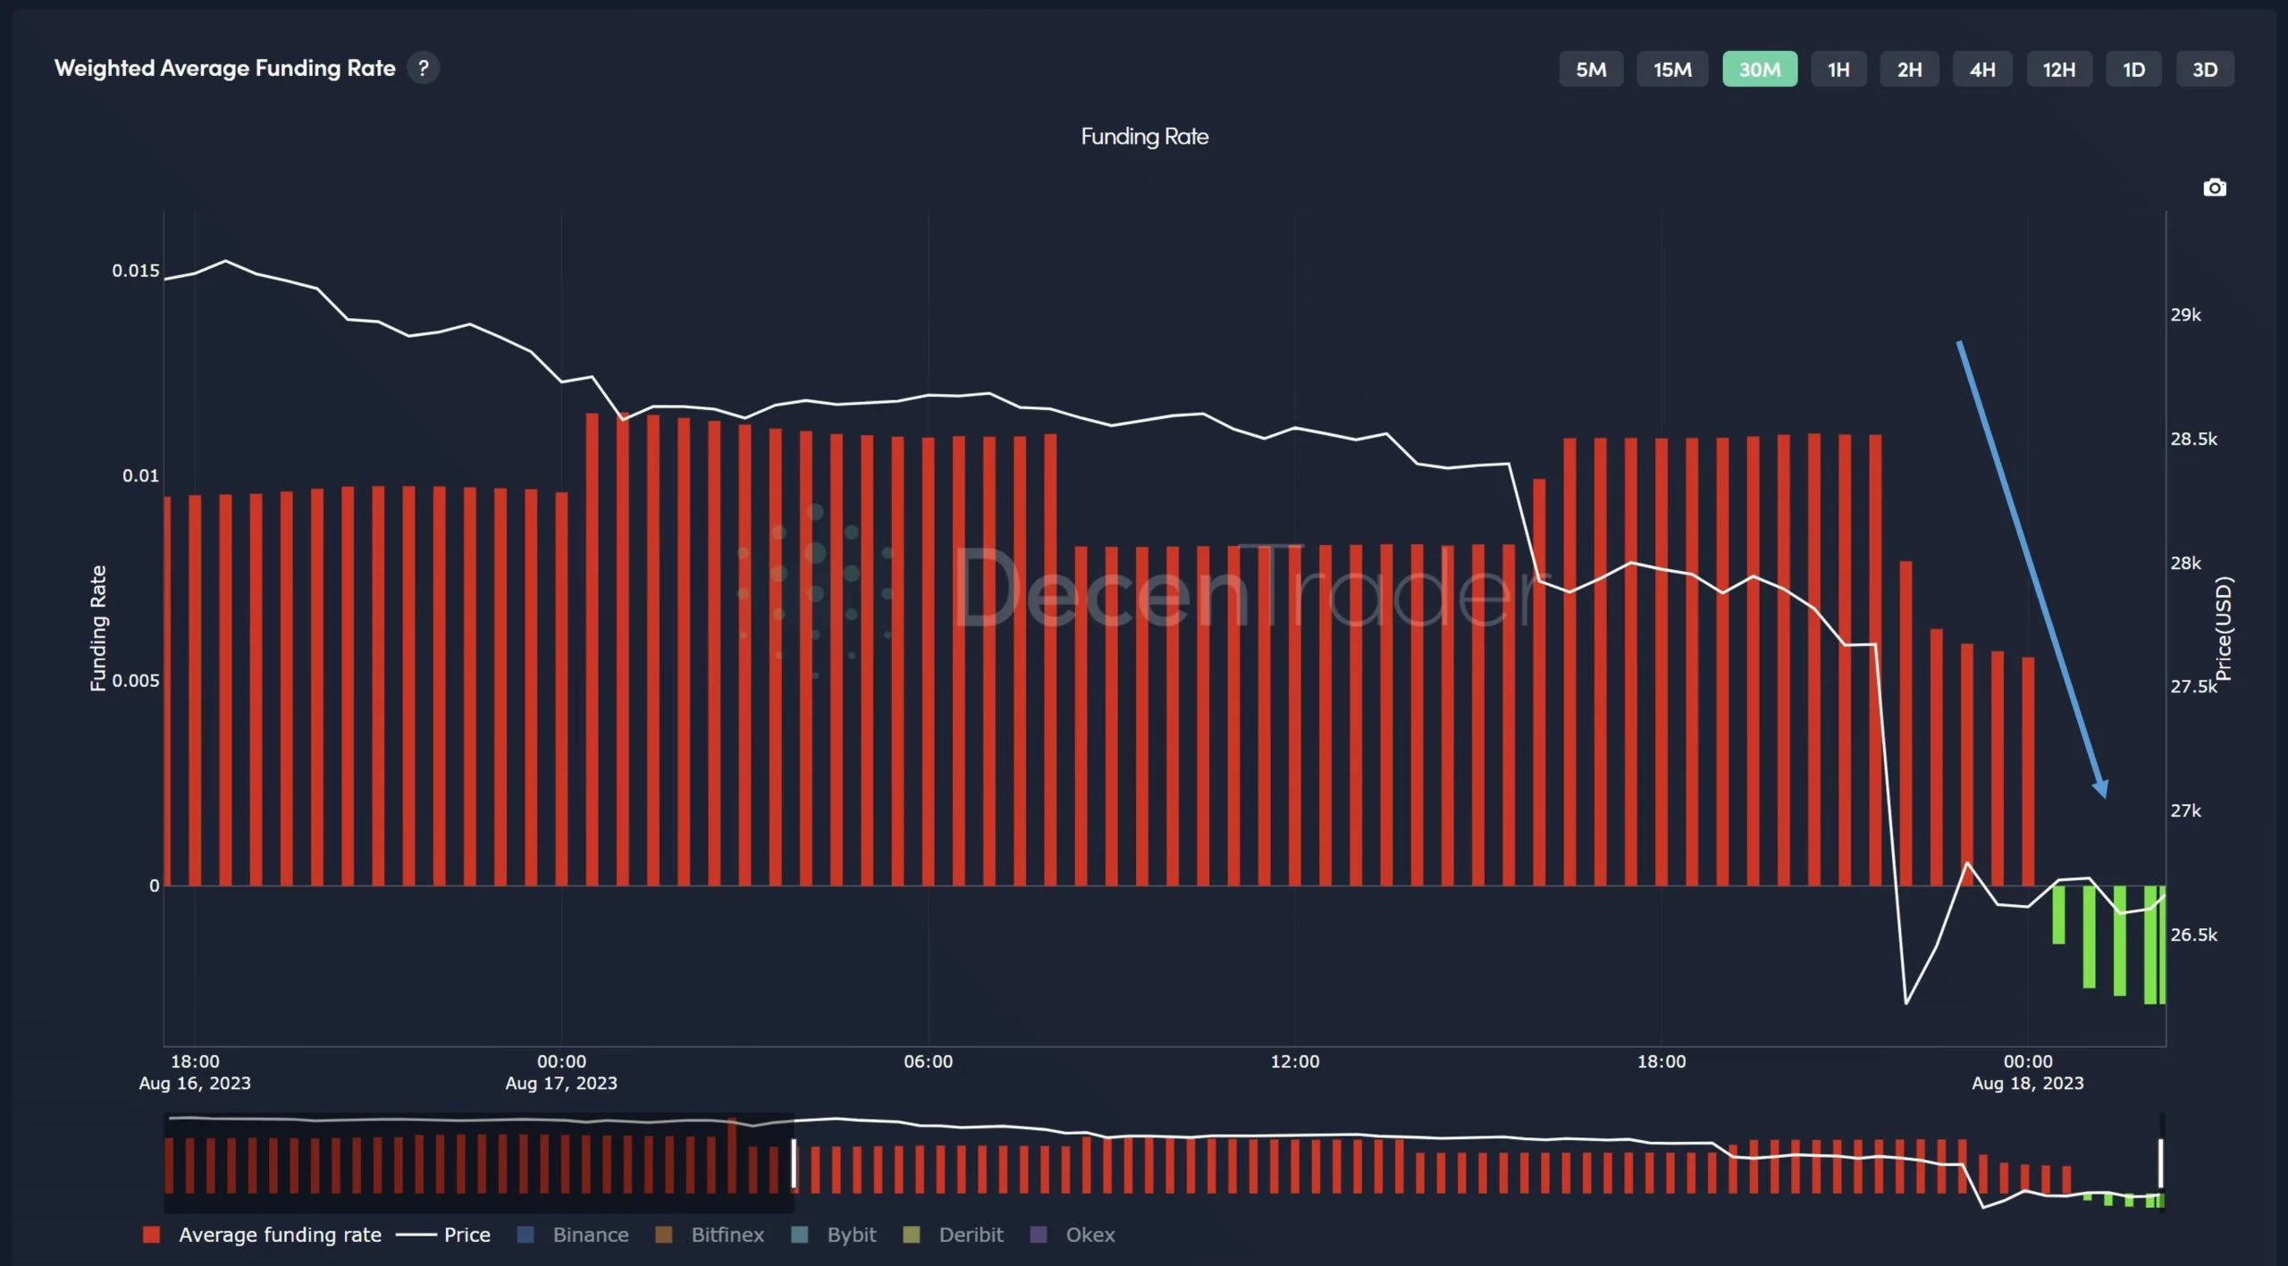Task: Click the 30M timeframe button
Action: [x=1759, y=70]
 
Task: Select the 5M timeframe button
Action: [x=1590, y=70]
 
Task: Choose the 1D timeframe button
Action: [x=2133, y=70]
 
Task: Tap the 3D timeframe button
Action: [x=2204, y=70]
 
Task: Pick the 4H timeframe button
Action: [x=1981, y=70]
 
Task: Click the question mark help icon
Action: [x=423, y=68]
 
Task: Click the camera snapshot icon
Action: [x=2214, y=188]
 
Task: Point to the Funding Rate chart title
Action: [x=1144, y=137]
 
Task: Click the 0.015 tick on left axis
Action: [x=136, y=271]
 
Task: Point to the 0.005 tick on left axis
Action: [x=136, y=681]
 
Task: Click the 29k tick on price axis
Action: [x=2185, y=314]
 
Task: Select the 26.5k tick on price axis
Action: [x=2193, y=935]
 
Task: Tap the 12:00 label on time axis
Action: [x=1294, y=1061]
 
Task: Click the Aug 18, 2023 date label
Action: [x=2027, y=1083]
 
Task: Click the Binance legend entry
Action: [x=590, y=1235]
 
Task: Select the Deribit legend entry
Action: [x=970, y=1235]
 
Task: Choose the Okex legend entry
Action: [x=1089, y=1235]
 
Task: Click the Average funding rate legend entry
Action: [x=279, y=1235]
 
